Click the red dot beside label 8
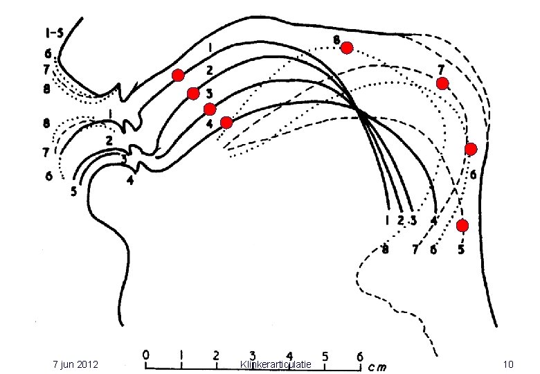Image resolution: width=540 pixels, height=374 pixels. click(x=347, y=48)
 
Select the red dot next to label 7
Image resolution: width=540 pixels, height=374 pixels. click(x=442, y=83)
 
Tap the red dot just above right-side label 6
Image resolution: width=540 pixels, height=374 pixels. click(x=471, y=149)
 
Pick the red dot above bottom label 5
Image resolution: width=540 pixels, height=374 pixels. click(x=462, y=226)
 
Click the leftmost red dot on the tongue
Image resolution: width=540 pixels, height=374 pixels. click(x=178, y=75)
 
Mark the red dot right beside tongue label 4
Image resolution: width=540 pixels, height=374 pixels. click(x=226, y=123)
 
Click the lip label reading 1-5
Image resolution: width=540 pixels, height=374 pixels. click(x=55, y=33)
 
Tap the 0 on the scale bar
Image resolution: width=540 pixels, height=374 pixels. click(x=146, y=355)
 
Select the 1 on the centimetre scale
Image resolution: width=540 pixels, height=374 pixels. click(x=181, y=355)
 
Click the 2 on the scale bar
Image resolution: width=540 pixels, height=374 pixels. click(x=216, y=355)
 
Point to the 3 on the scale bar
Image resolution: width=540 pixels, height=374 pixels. click(x=253, y=356)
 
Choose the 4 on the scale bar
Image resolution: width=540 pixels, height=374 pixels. click(x=289, y=356)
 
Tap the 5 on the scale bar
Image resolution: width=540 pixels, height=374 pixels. click(x=325, y=356)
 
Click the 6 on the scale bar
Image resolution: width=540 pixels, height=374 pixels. click(x=360, y=356)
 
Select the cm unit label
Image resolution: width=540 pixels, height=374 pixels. click(x=377, y=367)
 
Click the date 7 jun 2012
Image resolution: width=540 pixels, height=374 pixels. click(x=75, y=364)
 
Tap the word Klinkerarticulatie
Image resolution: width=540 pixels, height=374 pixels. click(x=276, y=364)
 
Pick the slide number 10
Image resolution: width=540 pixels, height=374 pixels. click(x=508, y=364)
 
